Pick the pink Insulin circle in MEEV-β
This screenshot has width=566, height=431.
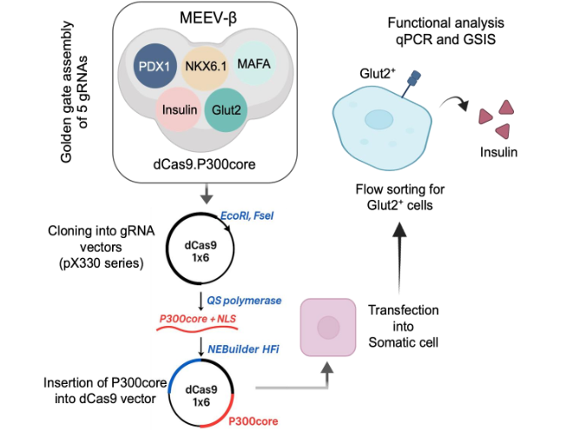click(x=180, y=110)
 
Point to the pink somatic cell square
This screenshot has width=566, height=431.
click(x=327, y=327)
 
